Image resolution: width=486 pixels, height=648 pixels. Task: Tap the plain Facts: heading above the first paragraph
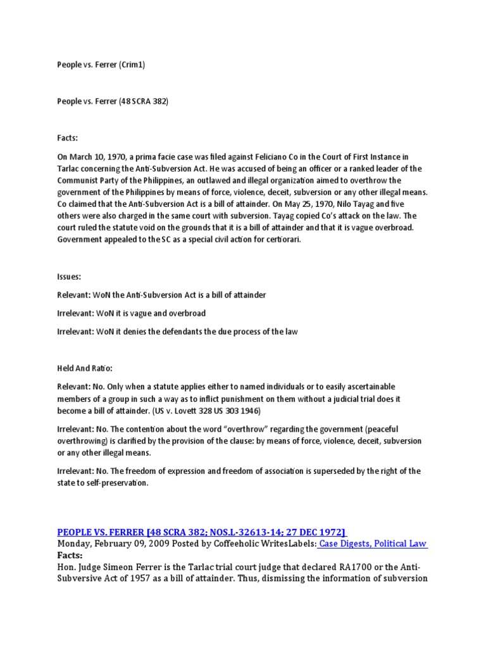[x=68, y=138]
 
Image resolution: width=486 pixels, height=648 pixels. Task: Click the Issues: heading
[x=69, y=277]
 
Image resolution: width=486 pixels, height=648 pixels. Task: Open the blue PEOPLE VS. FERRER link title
[x=202, y=532]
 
